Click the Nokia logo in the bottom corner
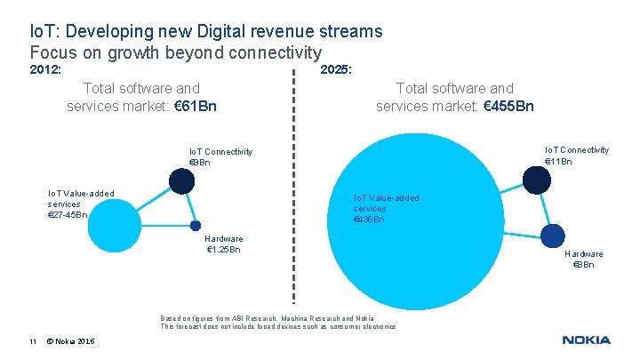(586, 340)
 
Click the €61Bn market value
(191, 107)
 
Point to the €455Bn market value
(509, 107)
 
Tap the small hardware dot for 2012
(196, 226)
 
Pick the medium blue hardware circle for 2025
(553, 235)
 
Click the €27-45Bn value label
(67, 214)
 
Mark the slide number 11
(31, 340)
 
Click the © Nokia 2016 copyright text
(73, 340)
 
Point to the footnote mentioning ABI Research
(267, 317)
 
